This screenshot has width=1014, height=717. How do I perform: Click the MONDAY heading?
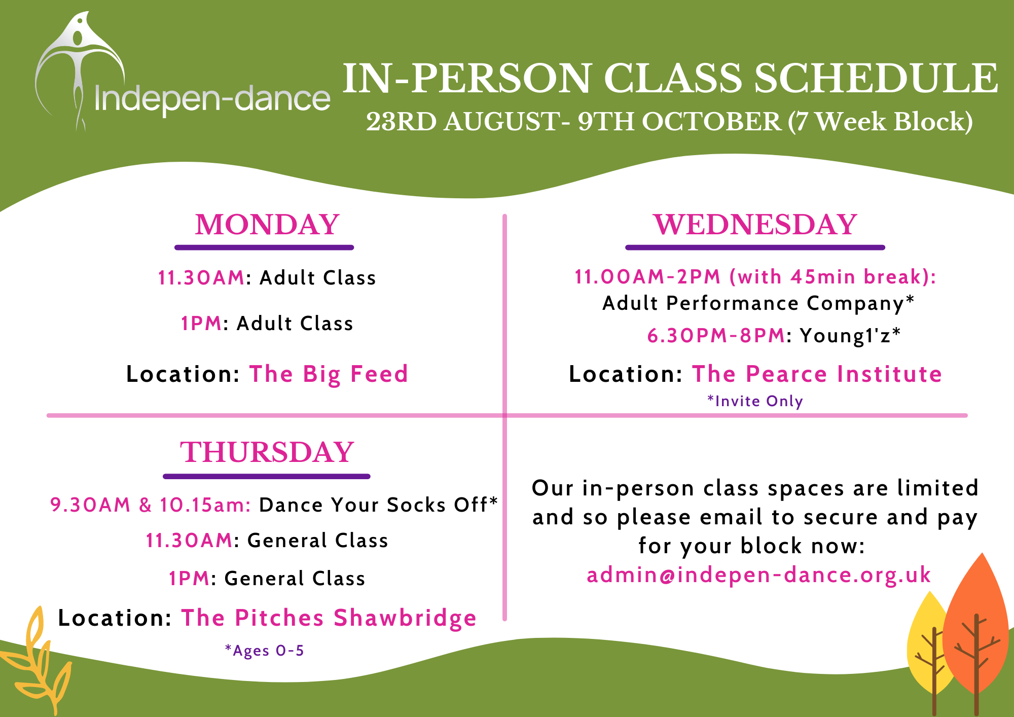267,225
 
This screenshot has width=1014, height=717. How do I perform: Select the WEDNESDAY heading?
755,225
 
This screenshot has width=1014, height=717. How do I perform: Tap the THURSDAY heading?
267,452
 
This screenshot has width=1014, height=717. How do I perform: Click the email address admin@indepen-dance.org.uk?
758,575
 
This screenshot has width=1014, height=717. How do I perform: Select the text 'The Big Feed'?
329,374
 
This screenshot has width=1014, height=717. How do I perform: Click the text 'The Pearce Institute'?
817,374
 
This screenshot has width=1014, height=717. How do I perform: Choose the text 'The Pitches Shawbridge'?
329,618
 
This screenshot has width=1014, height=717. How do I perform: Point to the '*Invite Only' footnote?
755,401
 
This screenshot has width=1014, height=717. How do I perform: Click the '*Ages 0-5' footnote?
264,651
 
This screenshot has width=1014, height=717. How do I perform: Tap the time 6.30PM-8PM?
716,336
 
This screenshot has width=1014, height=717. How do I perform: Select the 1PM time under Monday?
201,324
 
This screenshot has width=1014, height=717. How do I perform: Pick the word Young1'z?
845,336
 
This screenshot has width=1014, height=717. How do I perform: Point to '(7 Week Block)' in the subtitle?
880,122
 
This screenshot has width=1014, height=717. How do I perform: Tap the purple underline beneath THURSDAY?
267,477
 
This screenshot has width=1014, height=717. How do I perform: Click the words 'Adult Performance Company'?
753,303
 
